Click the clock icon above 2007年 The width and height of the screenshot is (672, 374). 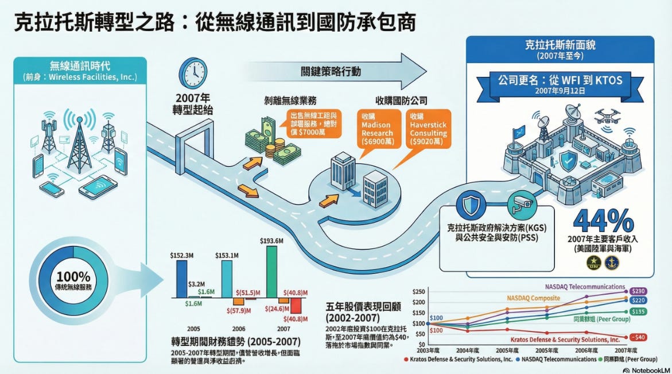(x=193, y=73)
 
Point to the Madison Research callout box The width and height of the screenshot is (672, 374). (x=376, y=129)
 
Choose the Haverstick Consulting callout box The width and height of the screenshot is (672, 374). (x=428, y=129)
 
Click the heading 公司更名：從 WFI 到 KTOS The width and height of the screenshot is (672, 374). (x=560, y=79)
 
